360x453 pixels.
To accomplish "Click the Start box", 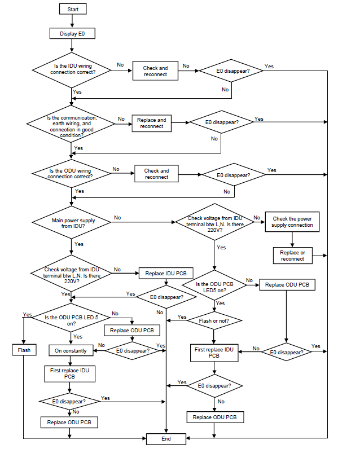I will click(x=73, y=10).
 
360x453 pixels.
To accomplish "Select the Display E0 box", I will click(x=73, y=34).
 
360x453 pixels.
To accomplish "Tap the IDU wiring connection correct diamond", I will click(x=73, y=69).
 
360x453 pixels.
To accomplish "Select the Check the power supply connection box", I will click(x=292, y=222).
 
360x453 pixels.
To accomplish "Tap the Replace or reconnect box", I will click(x=292, y=256).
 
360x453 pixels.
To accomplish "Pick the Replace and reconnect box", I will click(x=151, y=123).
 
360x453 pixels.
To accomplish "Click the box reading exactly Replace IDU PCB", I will click(x=166, y=273).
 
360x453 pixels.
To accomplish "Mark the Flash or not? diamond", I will click(x=214, y=320).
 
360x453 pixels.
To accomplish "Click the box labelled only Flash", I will click(x=23, y=350).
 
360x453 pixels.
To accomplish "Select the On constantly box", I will click(x=71, y=350).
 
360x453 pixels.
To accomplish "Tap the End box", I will click(x=166, y=438).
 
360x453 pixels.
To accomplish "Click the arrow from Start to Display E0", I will click(x=73, y=21).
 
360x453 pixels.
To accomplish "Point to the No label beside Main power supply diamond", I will click(x=117, y=217).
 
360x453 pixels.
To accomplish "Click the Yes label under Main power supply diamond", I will click(x=78, y=244).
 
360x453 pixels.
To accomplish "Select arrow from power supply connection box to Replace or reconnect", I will click(x=292, y=239).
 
